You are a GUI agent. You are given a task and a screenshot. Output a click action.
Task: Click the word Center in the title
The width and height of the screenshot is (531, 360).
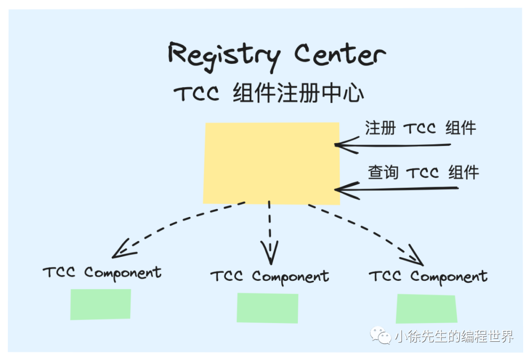click(340, 55)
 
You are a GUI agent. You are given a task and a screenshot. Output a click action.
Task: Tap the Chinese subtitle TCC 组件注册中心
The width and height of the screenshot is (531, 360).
click(269, 93)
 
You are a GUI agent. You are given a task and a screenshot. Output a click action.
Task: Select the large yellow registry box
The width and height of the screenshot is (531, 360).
click(271, 163)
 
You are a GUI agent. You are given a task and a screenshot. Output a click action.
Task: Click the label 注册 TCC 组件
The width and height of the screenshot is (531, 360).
click(420, 128)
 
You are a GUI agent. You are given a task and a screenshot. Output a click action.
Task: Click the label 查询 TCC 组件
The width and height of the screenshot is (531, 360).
click(423, 173)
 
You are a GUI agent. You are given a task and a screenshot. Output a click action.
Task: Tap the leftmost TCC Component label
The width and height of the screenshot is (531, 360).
click(102, 272)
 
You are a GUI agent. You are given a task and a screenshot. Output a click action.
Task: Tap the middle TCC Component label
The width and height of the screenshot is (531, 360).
click(269, 277)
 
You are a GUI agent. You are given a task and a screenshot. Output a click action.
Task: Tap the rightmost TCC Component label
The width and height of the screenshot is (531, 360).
click(428, 277)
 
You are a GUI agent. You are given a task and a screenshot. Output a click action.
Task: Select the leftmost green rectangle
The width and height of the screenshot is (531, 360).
click(101, 304)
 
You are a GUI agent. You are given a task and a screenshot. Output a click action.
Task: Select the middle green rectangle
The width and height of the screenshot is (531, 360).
click(267, 308)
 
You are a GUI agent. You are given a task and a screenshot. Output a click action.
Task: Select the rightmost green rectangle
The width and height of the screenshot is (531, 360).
click(426, 308)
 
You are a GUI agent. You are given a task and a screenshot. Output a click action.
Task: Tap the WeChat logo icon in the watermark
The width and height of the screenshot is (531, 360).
click(381, 336)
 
